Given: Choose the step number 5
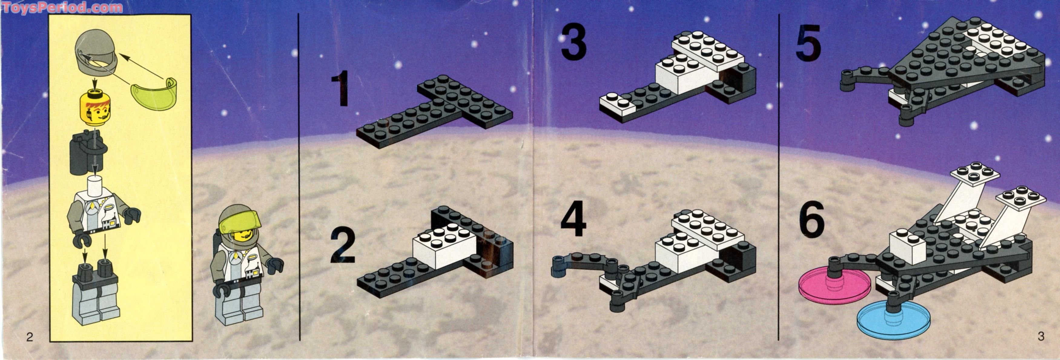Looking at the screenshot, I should click(x=808, y=42).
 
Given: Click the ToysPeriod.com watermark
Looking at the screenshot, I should click(x=62, y=7).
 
